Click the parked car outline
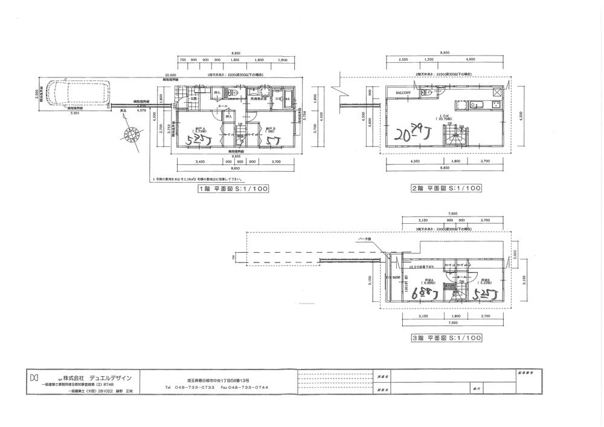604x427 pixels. [75, 94]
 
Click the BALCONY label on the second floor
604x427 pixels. [404, 93]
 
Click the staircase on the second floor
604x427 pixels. [455, 138]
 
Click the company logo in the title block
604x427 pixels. [34, 378]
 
